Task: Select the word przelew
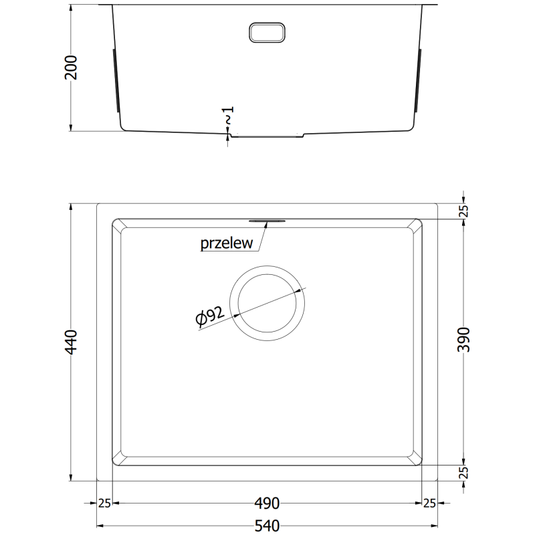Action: tap(227, 243)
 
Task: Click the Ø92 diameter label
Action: tap(209, 316)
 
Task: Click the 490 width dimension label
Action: tap(267, 503)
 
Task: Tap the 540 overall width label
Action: tap(267, 524)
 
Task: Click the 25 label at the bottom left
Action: tap(104, 503)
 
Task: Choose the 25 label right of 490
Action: tap(429, 503)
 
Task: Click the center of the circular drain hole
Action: tap(267, 302)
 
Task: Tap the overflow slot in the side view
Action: tap(267, 32)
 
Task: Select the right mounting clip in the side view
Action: tap(420, 80)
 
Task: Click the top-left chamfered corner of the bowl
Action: tap(117, 224)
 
